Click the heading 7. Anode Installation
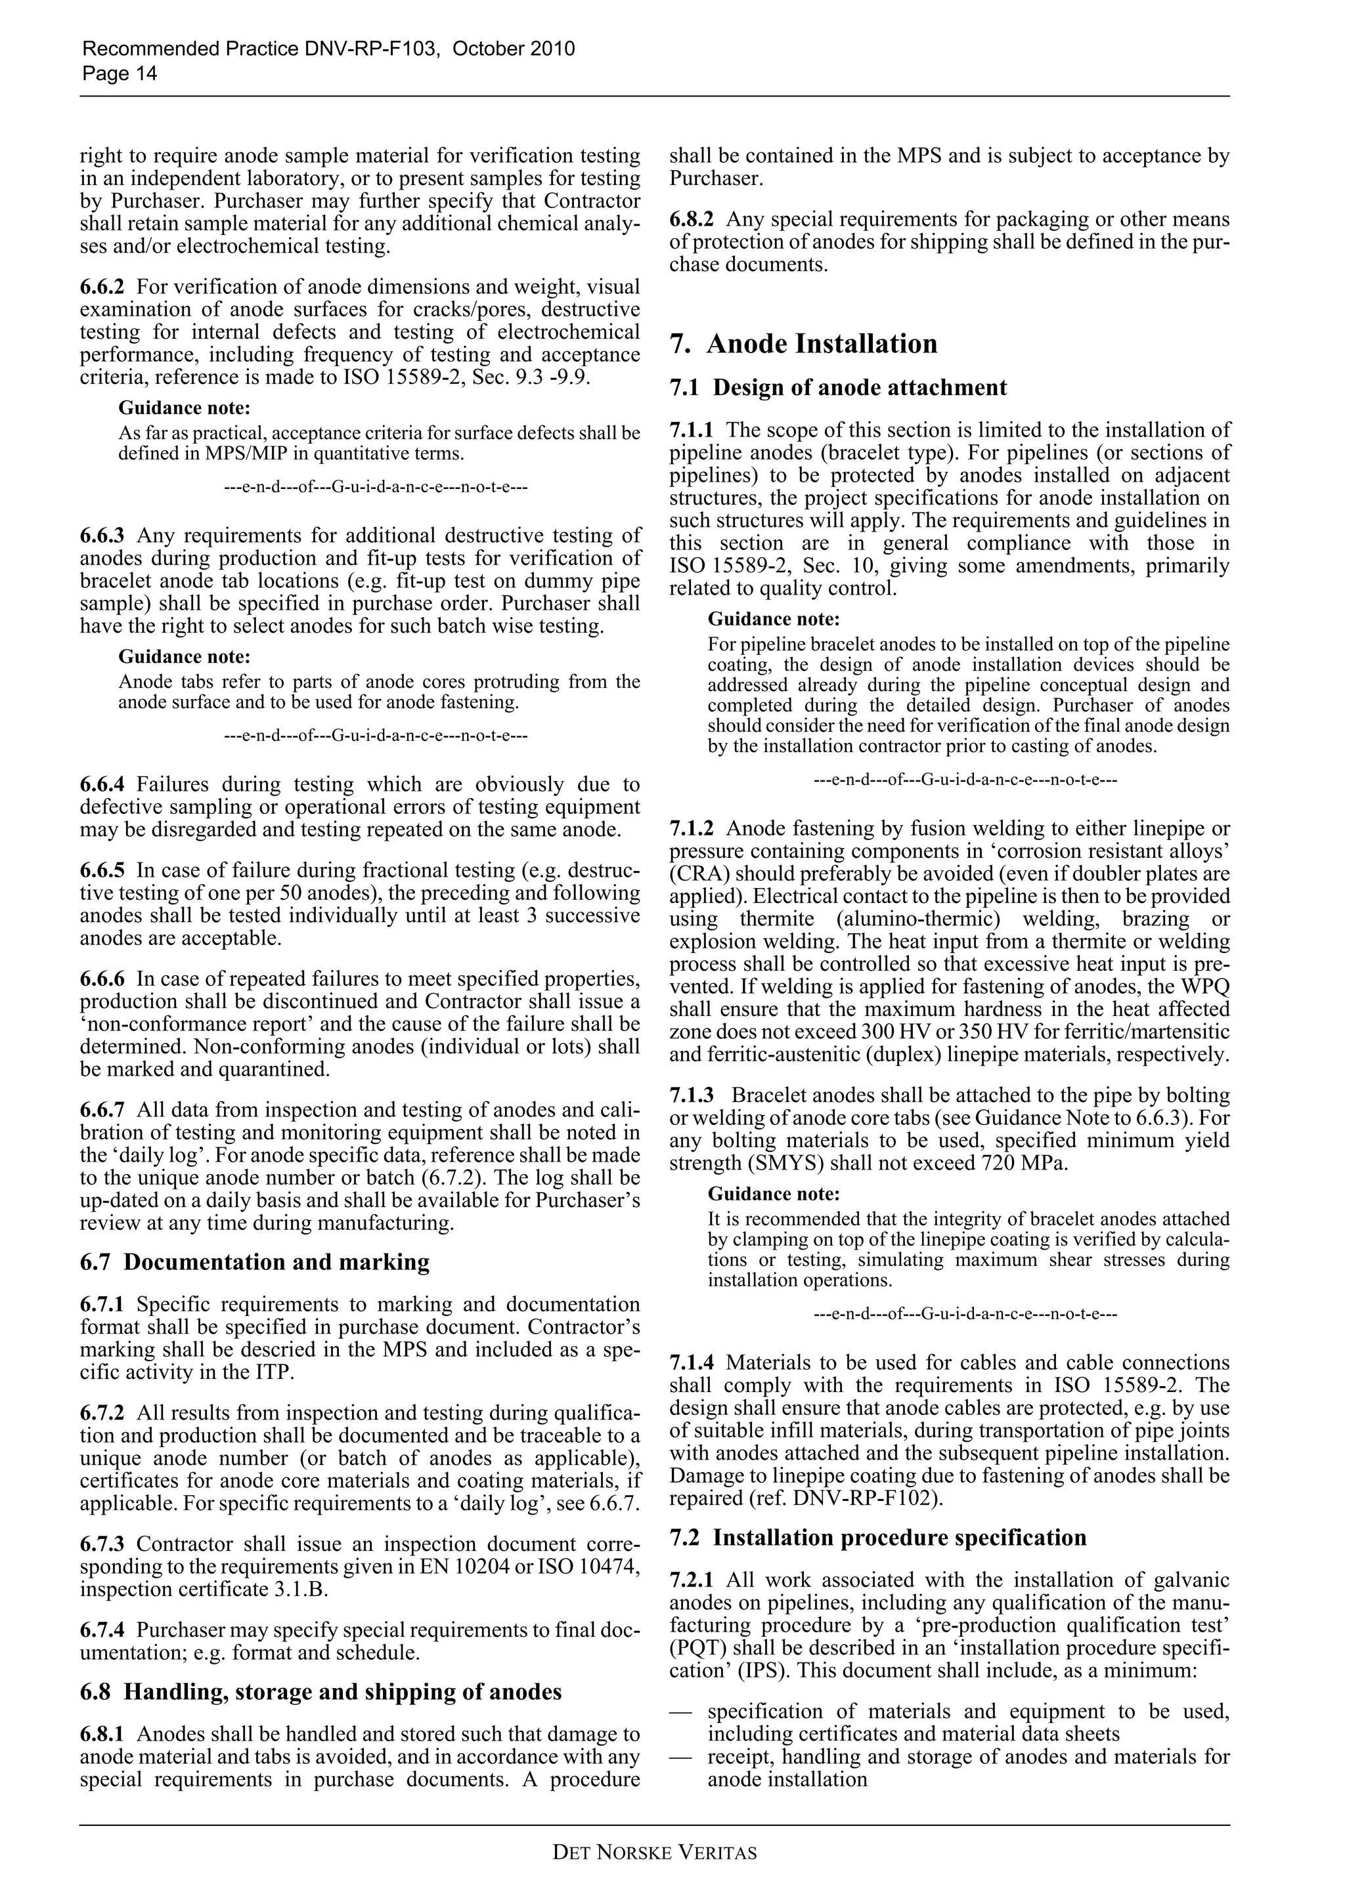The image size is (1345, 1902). pos(803,344)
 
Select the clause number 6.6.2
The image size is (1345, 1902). pos(102,287)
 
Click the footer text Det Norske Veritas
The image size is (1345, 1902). pos(654,1852)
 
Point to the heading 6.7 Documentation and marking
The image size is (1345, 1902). pos(254,1261)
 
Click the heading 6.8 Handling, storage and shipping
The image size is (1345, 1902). pos(320,1691)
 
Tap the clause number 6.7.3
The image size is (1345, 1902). pos(102,1545)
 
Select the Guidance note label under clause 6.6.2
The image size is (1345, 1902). pos(184,408)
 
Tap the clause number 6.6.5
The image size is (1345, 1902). pos(102,871)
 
